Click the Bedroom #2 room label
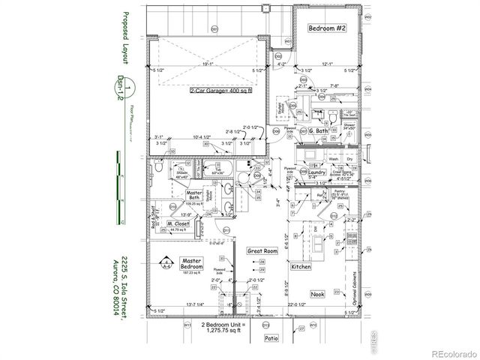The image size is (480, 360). (x=327, y=28)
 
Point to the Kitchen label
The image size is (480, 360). (x=301, y=267)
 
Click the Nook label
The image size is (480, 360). (x=317, y=294)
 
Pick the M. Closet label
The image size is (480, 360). (x=178, y=223)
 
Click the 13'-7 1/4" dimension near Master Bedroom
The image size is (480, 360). (x=179, y=304)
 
